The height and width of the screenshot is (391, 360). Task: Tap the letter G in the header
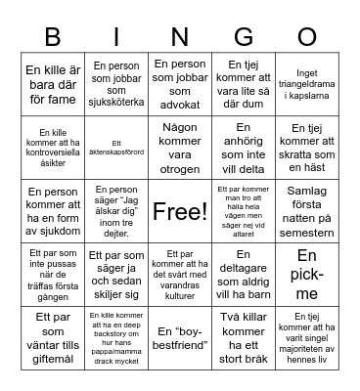tap(243, 36)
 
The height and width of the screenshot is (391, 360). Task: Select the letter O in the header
tap(307, 36)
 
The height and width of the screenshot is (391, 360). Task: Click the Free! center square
tap(180, 210)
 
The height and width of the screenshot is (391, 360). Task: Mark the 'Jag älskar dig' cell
tap(117, 210)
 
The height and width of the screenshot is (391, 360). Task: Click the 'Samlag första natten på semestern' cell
tap(307, 210)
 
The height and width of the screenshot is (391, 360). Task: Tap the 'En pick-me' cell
tap(307, 274)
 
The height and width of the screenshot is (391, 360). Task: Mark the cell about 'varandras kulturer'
tap(180, 274)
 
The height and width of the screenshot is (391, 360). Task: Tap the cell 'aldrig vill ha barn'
tap(244, 274)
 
